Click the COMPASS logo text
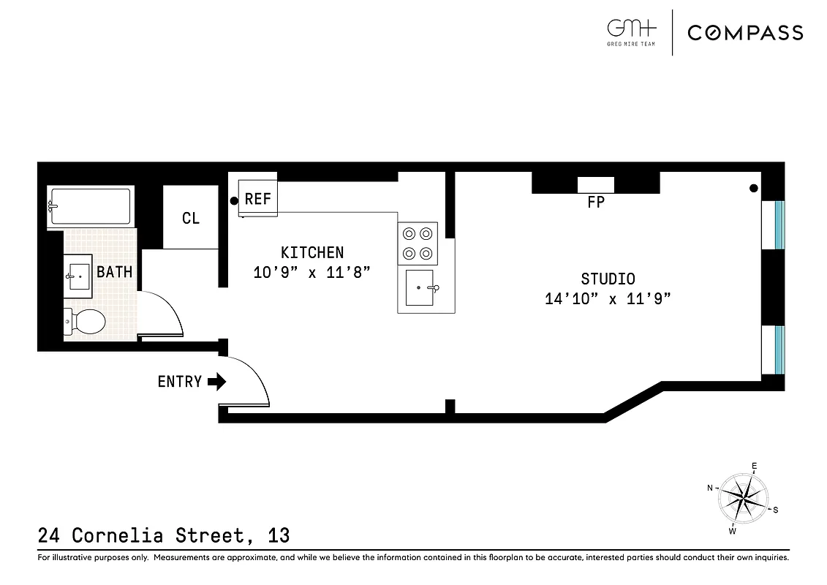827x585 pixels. [x=745, y=32]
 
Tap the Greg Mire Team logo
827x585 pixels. [x=632, y=31]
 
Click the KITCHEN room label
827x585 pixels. [x=312, y=252]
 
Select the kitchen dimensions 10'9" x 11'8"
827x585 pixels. [x=312, y=272]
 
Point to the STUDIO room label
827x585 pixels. [x=608, y=279]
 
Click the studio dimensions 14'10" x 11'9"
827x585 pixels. [x=608, y=298]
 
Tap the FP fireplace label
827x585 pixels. [x=596, y=203]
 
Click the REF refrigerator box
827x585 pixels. [x=258, y=199]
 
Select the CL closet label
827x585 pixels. [x=191, y=218]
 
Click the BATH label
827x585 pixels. [x=115, y=272]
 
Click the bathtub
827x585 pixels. [x=90, y=207]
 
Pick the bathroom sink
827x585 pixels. [x=79, y=276]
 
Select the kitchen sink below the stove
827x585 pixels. [x=420, y=288]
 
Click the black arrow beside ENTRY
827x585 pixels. [x=218, y=382]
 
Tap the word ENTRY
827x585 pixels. [x=179, y=382]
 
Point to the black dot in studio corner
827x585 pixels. [x=753, y=189]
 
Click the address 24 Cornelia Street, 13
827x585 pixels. [x=164, y=536]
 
